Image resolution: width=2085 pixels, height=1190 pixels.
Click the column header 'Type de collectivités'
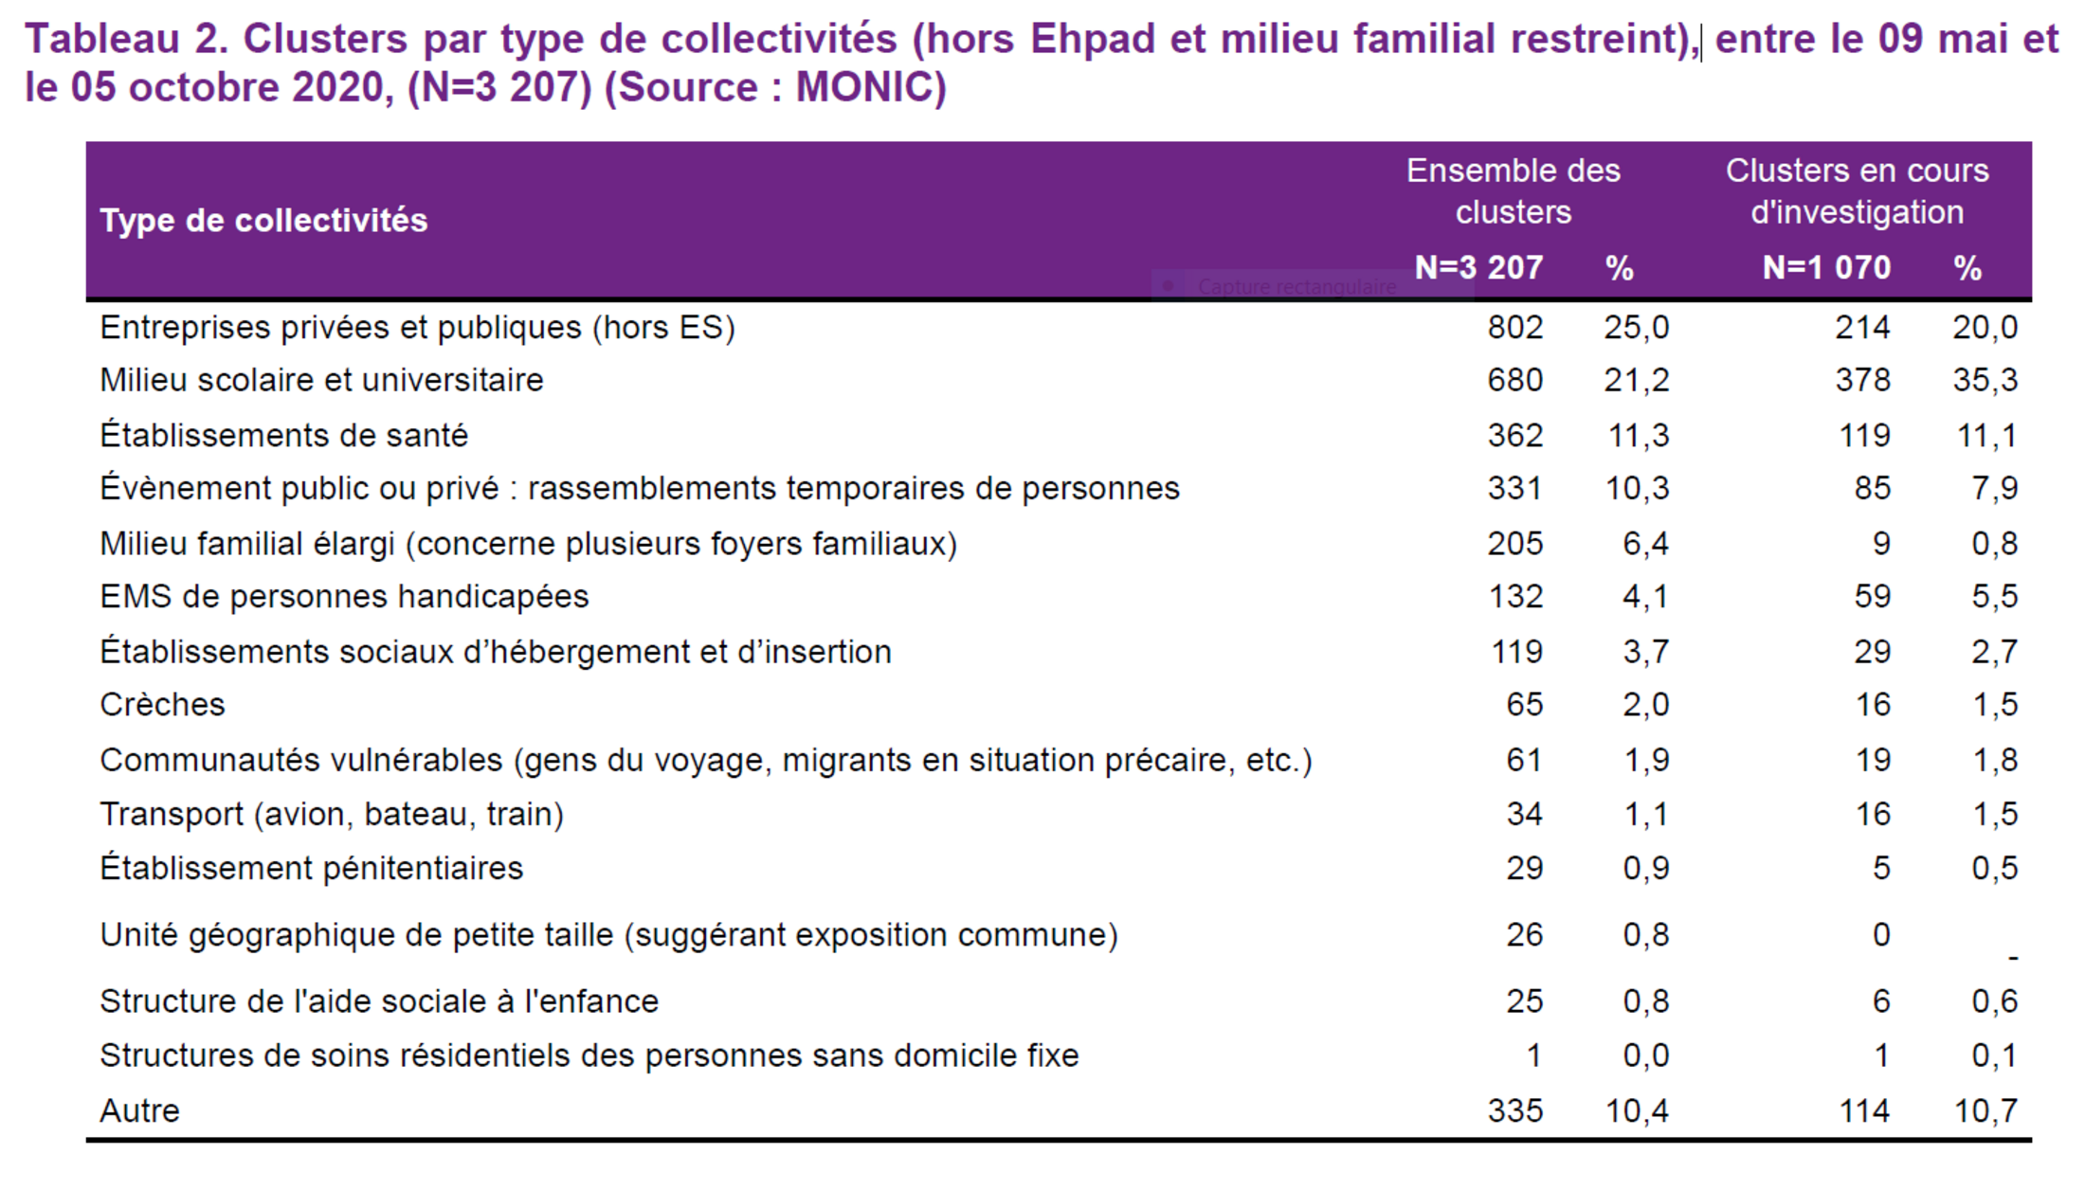263,221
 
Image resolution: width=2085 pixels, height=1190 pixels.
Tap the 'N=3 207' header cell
1478,268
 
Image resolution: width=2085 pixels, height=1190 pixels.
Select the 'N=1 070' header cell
1826,268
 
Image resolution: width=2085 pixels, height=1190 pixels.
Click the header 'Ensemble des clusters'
1513,191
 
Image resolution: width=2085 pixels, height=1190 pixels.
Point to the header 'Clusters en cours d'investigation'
1857,191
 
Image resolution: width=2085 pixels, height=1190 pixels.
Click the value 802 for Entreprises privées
1514,328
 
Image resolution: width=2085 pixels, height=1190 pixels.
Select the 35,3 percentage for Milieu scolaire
1985,381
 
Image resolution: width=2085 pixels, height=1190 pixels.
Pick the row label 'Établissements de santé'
283,436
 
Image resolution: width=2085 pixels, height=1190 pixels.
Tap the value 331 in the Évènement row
1514,489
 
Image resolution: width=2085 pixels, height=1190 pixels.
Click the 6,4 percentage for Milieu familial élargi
1645,544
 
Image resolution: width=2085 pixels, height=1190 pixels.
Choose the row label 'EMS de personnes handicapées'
344,597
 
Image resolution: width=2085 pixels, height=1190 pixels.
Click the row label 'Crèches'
162,705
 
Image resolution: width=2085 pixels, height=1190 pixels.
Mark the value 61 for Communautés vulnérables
1524,761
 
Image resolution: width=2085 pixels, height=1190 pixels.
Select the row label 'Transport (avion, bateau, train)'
332,815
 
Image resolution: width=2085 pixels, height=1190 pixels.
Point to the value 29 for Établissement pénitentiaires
1524,869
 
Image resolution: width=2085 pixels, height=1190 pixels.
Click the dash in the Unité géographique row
2013,958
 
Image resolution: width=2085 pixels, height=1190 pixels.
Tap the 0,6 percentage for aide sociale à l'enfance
1994,1001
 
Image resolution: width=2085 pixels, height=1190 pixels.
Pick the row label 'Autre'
139,1111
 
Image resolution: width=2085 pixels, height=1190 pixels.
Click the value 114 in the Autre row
1864,1111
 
